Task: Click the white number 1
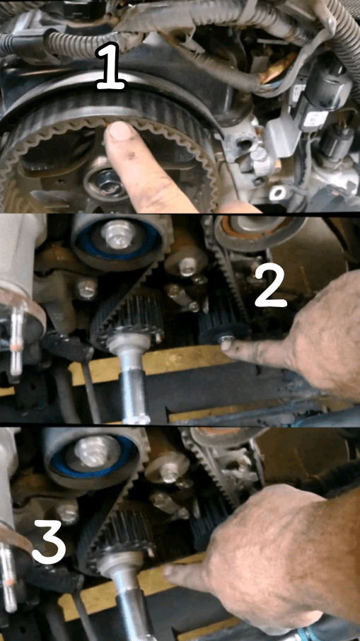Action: point(110,67)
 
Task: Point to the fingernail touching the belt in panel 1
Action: point(120,132)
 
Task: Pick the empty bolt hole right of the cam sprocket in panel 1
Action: point(244,144)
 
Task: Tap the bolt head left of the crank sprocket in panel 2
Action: point(86,289)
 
